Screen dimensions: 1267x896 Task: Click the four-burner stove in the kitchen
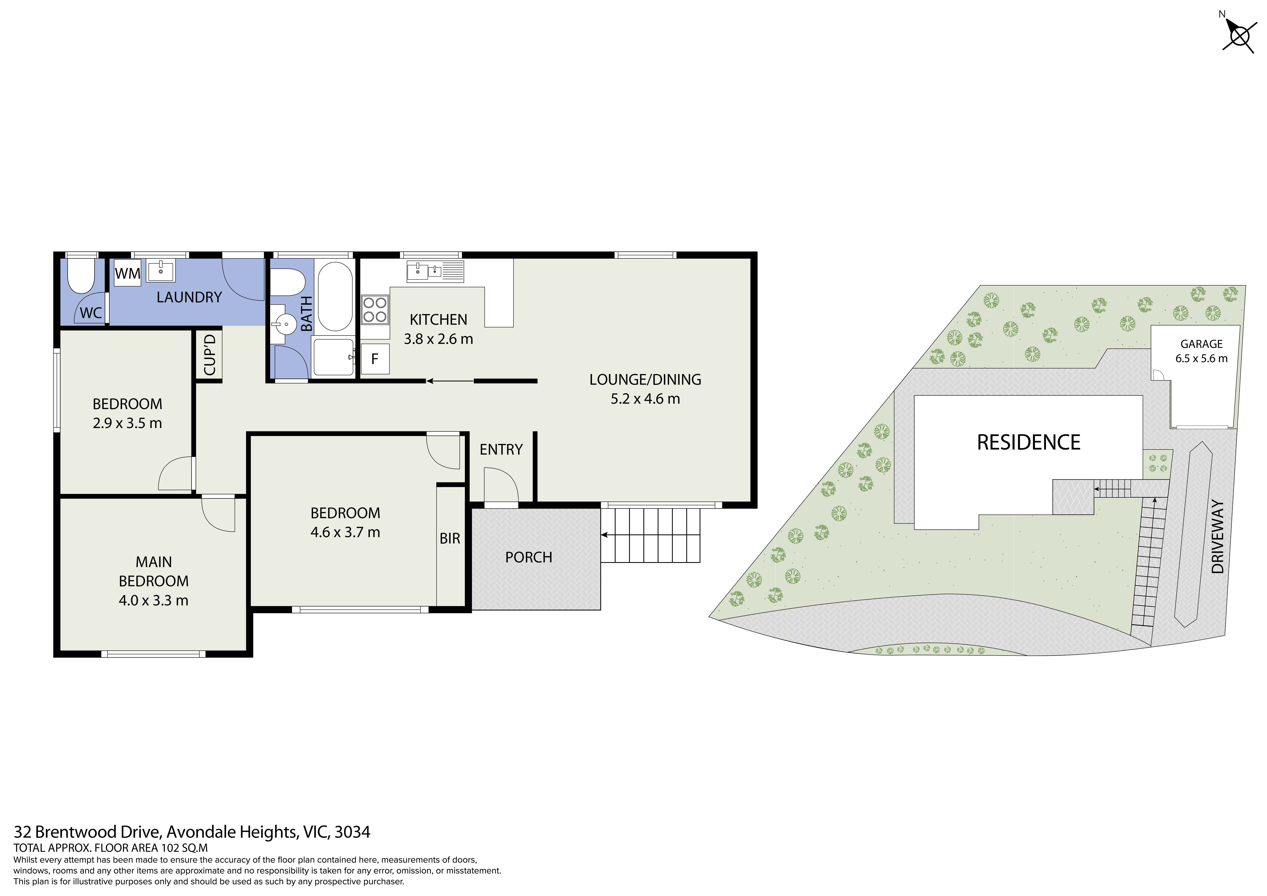click(375, 310)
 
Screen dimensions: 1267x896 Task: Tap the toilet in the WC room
click(81, 276)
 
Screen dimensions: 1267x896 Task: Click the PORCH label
click(529, 558)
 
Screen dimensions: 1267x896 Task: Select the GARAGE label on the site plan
click(1201, 344)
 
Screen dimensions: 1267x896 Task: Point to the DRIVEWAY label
click(1218, 537)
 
